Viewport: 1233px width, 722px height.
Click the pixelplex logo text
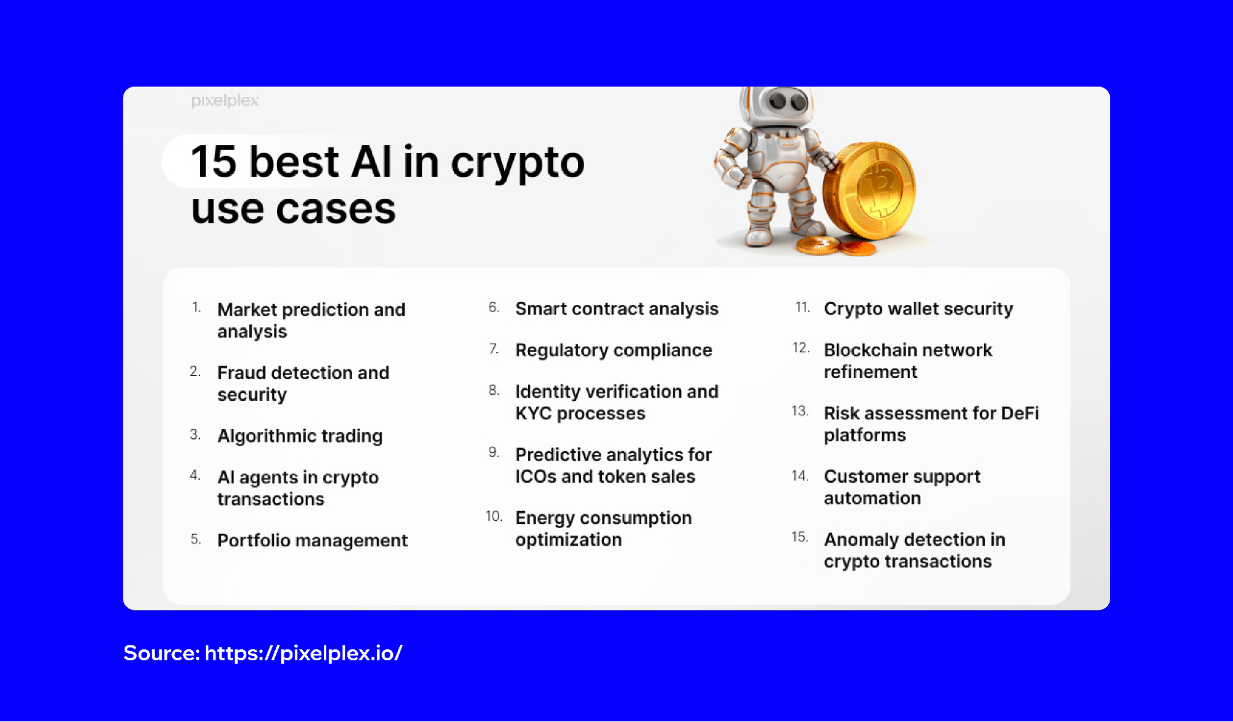[x=225, y=101]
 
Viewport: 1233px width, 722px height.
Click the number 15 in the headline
[x=213, y=162]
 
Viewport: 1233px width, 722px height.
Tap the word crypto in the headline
[x=517, y=163]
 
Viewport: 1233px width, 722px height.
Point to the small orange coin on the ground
[x=857, y=248]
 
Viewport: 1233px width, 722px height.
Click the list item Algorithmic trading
[x=300, y=436]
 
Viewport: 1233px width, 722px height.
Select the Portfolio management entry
[x=312, y=540]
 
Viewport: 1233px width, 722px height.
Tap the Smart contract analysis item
[x=617, y=308]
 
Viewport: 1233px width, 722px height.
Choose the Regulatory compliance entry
[x=614, y=350]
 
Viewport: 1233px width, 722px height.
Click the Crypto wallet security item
[x=918, y=308]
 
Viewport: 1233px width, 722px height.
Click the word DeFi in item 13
[x=1020, y=413]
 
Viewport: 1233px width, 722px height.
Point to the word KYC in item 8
[x=534, y=414]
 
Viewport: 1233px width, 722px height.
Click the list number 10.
[x=493, y=516]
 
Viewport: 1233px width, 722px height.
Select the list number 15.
[x=799, y=537]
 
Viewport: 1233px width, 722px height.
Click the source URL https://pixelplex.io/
[x=303, y=653]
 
